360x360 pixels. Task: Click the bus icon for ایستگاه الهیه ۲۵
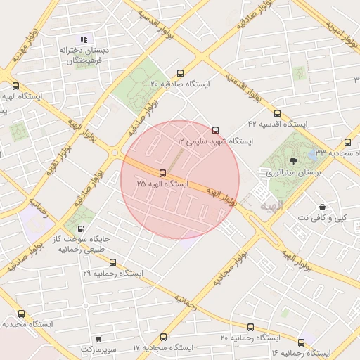163,172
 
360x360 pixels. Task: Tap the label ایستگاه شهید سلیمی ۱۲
214,141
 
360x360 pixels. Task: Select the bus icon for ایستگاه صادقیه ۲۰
181,72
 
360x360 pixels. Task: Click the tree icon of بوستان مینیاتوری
294,160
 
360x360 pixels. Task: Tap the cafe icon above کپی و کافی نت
322,207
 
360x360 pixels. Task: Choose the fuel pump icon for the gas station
83,229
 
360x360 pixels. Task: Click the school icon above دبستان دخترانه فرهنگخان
84,39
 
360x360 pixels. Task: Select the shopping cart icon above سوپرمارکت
98,338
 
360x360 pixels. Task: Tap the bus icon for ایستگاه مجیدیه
20,314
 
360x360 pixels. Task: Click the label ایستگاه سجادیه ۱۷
163,348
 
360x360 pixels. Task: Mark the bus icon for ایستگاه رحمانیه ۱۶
302,342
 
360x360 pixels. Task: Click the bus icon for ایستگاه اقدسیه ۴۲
277,112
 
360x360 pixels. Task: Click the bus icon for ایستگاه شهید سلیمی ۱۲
215,129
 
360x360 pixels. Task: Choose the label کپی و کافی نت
321,218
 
